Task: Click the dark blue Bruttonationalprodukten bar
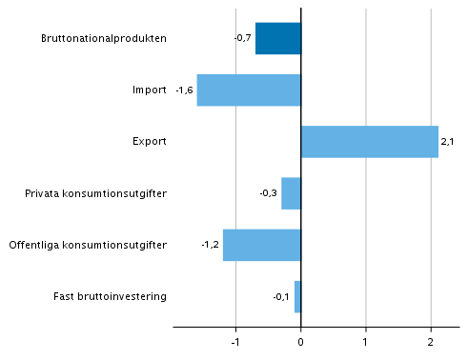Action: pyautogui.click(x=278, y=38)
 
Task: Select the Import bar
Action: pyautogui.click(x=249, y=90)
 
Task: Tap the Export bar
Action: pyautogui.click(x=369, y=141)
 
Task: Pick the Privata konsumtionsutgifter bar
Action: pyautogui.click(x=291, y=193)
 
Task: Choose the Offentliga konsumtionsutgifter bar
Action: pyautogui.click(x=262, y=245)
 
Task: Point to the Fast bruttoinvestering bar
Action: pyautogui.click(x=297, y=296)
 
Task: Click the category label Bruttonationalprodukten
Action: pyautogui.click(x=105, y=38)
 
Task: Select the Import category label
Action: pyautogui.click(x=150, y=90)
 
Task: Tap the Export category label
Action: pyautogui.click(x=150, y=142)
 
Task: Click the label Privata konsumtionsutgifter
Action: pyautogui.click(x=96, y=193)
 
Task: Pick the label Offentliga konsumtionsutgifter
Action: pyautogui.click(x=88, y=245)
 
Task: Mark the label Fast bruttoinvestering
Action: pyautogui.click(x=111, y=296)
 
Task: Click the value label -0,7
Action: pyautogui.click(x=242, y=38)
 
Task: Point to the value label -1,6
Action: pyautogui.click(x=185, y=90)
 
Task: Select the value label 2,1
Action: pyautogui.click(x=448, y=142)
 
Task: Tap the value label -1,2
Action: pyautogui.click(x=211, y=245)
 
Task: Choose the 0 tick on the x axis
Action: pyautogui.click(x=301, y=340)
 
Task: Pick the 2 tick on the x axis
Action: pyautogui.click(x=431, y=340)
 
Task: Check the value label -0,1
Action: pyautogui.click(x=281, y=296)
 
